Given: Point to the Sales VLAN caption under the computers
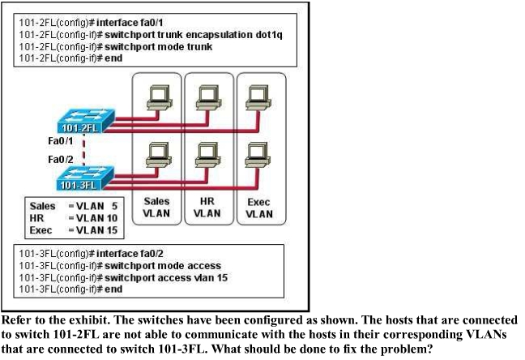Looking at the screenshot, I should [x=156, y=207].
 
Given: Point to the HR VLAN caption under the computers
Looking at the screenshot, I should [x=207, y=207].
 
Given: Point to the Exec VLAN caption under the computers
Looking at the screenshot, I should [x=260, y=207].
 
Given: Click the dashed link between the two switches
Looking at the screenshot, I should [x=83, y=150].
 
